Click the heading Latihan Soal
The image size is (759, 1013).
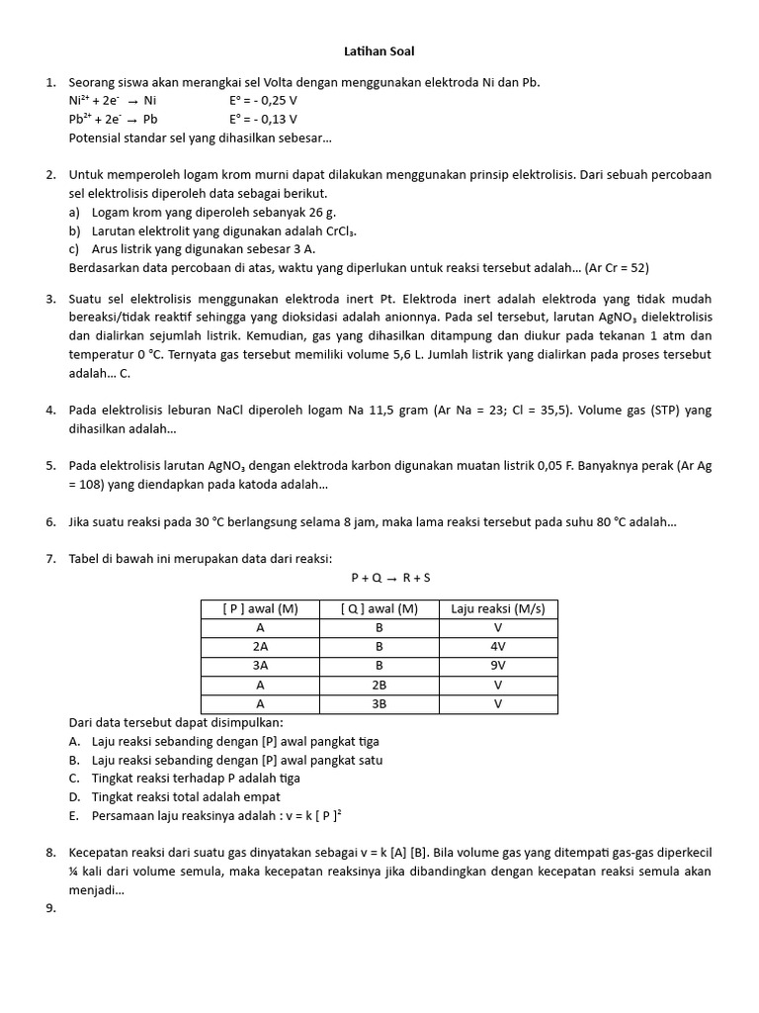[x=379, y=50]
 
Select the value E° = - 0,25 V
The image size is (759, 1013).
[x=263, y=101]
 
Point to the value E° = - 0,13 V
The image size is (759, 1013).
[x=263, y=120]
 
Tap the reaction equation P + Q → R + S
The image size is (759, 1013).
[x=390, y=577]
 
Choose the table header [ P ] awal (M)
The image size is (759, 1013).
[x=261, y=609]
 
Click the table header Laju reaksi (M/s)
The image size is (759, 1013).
[x=498, y=609]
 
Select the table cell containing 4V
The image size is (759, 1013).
[x=498, y=647]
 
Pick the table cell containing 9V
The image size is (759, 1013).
[x=498, y=666]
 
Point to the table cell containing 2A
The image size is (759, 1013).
[x=261, y=647]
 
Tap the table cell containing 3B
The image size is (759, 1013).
[x=379, y=703]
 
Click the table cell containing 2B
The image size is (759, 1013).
[x=379, y=685]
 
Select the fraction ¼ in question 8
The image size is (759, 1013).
[x=74, y=872]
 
